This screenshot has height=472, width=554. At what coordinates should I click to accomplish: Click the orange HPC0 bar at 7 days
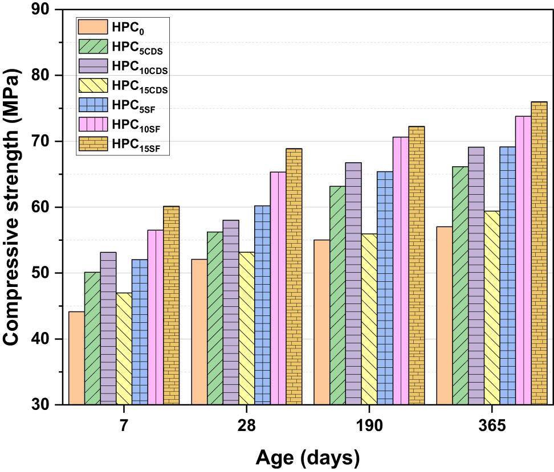click(76, 358)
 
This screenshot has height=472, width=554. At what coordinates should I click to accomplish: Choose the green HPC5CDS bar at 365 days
click(460, 285)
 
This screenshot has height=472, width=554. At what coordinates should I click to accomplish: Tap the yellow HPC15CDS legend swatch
click(92, 86)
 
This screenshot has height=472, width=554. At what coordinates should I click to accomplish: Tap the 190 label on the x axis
click(369, 426)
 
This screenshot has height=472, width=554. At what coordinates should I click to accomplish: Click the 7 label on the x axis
click(124, 426)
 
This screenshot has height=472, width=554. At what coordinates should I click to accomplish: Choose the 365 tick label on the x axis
click(491, 426)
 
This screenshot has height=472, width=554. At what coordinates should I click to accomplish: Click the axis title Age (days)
click(307, 457)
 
